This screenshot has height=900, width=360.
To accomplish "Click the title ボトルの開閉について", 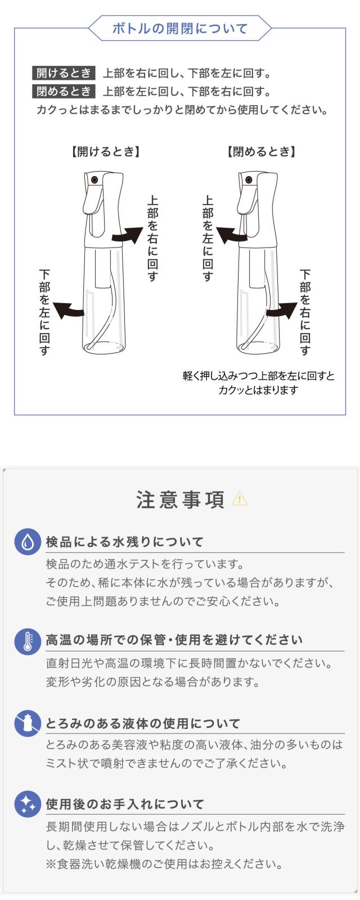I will click(180, 29).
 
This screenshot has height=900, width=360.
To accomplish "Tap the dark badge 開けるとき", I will click(64, 73).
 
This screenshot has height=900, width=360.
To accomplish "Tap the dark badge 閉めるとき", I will click(64, 91).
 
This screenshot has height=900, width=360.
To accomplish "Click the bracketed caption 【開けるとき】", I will click(105, 151).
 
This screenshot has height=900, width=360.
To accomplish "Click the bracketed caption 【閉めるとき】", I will click(262, 151).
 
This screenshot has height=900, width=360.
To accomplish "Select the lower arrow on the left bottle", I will click(70, 310).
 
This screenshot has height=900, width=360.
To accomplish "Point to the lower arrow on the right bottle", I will click(281, 310).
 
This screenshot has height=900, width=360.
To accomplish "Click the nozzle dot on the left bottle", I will click(95, 180).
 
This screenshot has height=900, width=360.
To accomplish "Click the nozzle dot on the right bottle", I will click(249, 180).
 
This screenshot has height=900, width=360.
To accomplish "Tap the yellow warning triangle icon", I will click(239, 498).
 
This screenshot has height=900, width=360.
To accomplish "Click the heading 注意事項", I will click(180, 499).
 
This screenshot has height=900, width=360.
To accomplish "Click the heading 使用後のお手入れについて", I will click(125, 804).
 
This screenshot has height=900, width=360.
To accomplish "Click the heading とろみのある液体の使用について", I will click(143, 723).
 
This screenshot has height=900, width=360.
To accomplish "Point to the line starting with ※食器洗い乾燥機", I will click(164, 863).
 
